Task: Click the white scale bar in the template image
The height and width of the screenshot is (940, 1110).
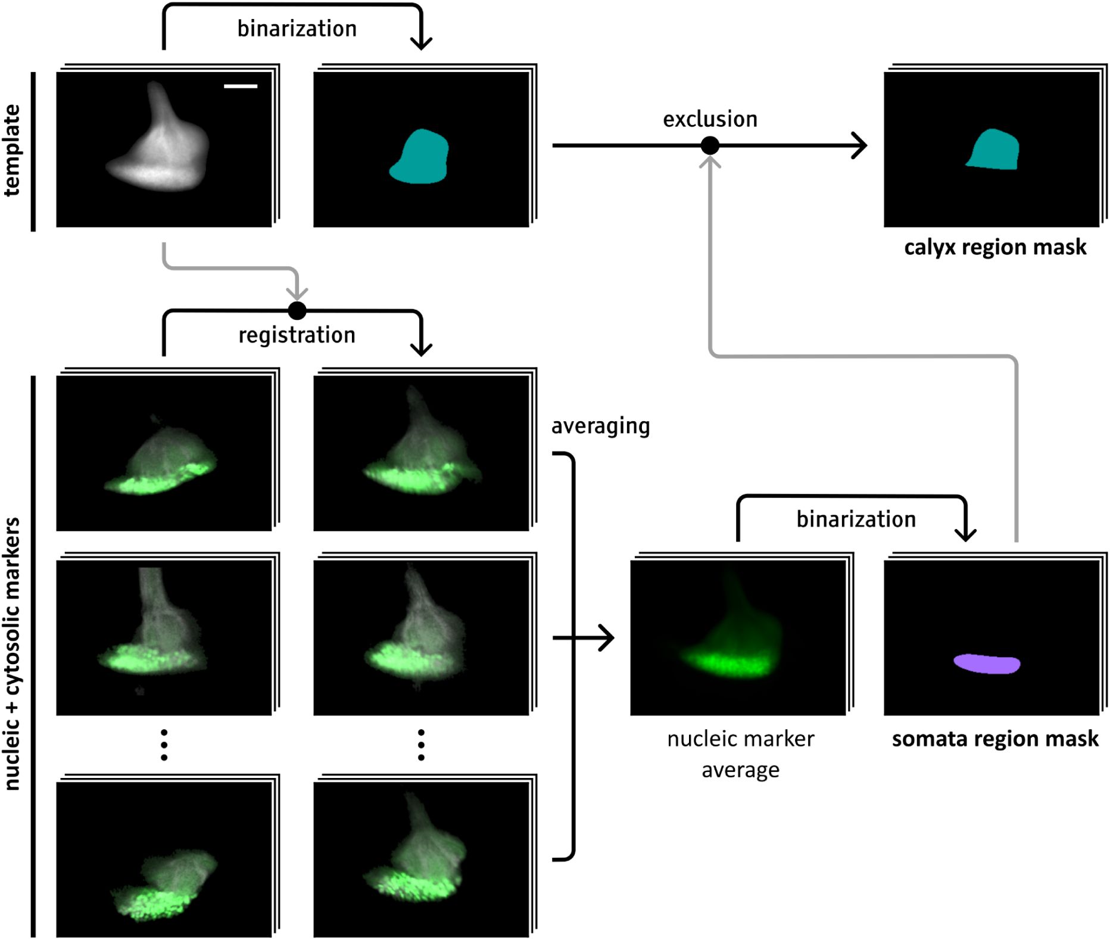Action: click(x=241, y=86)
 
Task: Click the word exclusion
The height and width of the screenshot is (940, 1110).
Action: click(x=710, y=119)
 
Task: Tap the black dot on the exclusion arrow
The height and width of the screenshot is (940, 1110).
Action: click(x=710, y=145)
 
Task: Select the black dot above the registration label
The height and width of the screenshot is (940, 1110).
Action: click(x=297, y=310)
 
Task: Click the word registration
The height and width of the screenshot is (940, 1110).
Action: click(x=297, y=335)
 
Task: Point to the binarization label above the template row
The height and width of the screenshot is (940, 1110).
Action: click(x=297, y=29)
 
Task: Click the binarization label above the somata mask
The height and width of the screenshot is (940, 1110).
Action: click(x=856, y=519)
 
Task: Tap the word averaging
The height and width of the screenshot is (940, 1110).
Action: click(x=600, y=427)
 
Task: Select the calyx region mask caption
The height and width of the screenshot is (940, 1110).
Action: click(x=994, y=247)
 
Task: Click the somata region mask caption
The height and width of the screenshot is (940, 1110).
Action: click(x=994, y=739)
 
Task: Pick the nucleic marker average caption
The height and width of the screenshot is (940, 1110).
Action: click(x=740, y=754)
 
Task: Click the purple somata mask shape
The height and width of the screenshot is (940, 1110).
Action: click(x=987, y=664)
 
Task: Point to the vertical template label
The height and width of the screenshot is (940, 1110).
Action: click(x=13, y=150)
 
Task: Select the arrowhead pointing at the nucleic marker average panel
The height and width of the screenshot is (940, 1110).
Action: click(x=607, y=638)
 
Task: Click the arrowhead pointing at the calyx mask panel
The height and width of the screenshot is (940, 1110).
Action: click(x=859, y=145)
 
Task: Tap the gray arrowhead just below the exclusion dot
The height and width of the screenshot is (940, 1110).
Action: click(x=710, y=161)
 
